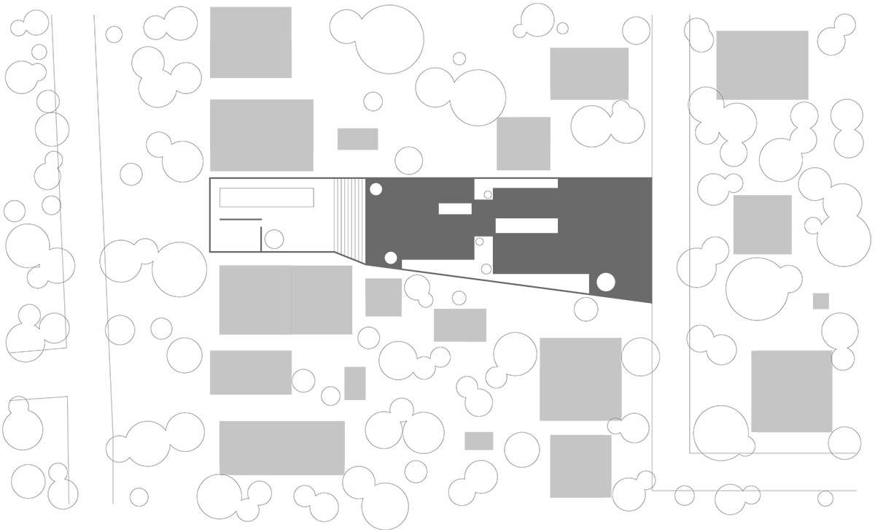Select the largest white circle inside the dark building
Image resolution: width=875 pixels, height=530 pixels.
606,282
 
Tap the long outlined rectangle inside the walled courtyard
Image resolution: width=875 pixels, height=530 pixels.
267,198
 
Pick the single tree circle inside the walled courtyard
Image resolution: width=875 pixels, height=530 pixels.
274,239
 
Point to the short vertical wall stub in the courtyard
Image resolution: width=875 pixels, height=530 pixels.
260,239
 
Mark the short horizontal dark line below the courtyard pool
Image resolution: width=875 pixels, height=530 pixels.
241,219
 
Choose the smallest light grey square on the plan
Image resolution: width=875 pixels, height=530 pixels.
821,301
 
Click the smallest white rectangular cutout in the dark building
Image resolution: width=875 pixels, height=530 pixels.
455,209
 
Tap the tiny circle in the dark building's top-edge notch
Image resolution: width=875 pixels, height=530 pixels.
488,194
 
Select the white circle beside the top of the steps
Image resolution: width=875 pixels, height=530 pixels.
376,190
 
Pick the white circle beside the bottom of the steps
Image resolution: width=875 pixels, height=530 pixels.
391,257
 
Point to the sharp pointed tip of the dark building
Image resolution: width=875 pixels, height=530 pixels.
650,302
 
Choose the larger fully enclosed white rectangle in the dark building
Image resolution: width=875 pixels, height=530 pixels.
526,226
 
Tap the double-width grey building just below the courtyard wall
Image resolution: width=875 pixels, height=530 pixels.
286,299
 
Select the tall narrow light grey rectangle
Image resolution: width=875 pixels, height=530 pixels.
355,383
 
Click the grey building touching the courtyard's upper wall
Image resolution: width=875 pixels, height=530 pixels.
261,135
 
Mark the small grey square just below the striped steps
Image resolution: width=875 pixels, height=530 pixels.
384,297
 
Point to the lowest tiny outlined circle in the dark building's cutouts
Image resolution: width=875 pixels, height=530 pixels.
486,269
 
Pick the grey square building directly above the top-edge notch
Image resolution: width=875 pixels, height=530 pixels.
524,143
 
